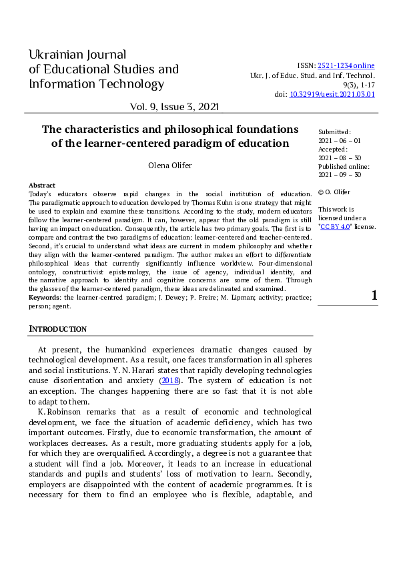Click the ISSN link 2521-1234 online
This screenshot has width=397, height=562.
(x=346, y=65)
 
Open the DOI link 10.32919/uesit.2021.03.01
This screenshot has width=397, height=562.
(x=332, y=95)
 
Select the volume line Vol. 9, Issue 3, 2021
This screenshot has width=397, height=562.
(x=175, y=107)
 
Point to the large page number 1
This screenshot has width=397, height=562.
(x=374, y=296)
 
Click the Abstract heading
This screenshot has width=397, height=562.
(x=42, y=185)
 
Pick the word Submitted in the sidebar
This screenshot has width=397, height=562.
(x=334, y=133)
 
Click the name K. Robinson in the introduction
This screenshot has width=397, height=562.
(x=58, y=412)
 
